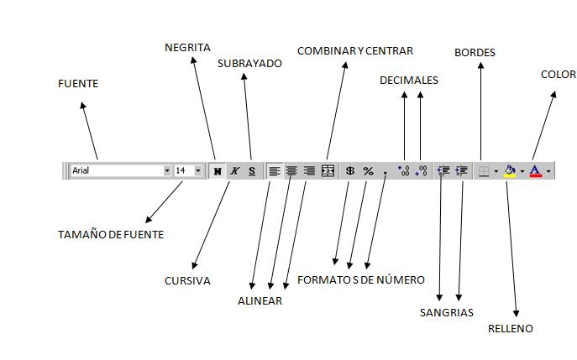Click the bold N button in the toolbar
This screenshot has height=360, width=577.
click(x=218, y=170)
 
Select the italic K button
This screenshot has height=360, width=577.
click(x=234, y=170)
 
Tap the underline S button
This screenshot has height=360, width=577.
click(x=251, y=170)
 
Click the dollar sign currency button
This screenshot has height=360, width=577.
click(x=350, y=170)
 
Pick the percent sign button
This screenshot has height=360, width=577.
click(x=368, y=170)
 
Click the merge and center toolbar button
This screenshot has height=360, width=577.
click(x=328, y=170)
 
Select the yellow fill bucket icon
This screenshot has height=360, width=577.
click(x=510, y=170)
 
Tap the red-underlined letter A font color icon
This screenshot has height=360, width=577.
click(x=536, y=170)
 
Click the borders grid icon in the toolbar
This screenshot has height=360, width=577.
click(x=484, y=170)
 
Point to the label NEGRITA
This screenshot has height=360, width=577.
click(x=187, y=48)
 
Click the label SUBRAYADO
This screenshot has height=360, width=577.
click(x=249, y=63)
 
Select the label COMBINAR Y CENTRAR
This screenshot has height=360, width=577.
click(x=354, y=51)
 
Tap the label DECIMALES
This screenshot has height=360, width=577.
click(x=408, y=81)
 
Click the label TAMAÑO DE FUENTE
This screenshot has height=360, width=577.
click(x=111, y=235)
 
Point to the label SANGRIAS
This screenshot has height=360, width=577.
click(x=446, y=313)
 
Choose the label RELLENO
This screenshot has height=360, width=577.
click(x=510, y=329)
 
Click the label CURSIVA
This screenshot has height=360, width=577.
click(x=187, y=281)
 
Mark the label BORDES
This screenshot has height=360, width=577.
click(x=475, y=52)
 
